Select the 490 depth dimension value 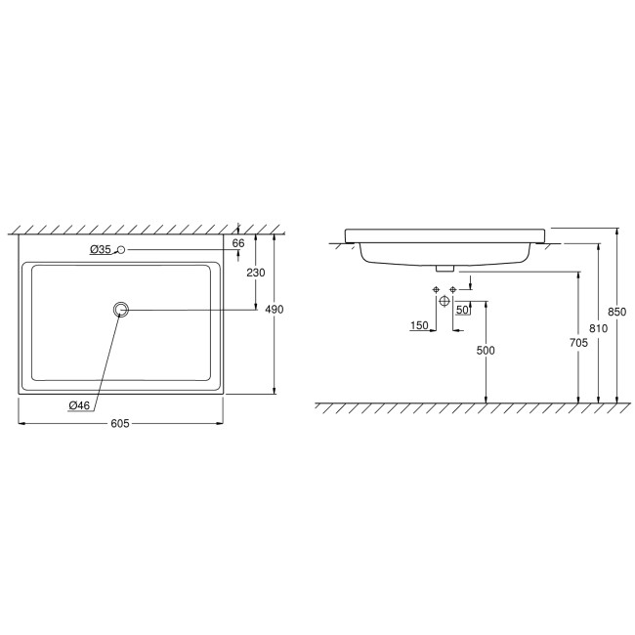coord(275,310)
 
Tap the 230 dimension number coord(254,273)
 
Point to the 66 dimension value coord(238,242)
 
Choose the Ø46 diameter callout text coord(81,405)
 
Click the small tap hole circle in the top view coord(121,251)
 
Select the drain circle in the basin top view coord(121,310)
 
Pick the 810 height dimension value coord(598,329)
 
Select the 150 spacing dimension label coord(419,326)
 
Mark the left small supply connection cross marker coord(435,290)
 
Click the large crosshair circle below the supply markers coord(444,302)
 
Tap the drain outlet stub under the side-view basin coord(444,266)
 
